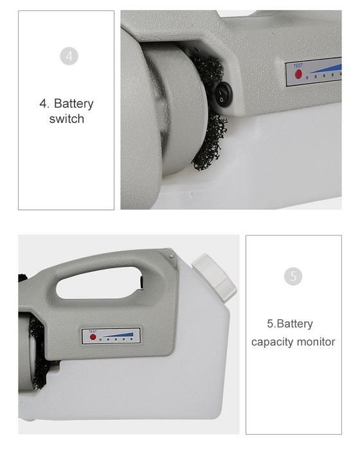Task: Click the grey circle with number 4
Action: point(69,56)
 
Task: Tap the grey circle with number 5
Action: point(293,276)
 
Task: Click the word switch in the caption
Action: point(67,119)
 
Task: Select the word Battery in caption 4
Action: point(74,104)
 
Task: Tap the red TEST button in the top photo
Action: point(298,74)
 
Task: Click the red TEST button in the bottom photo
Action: point(93,337)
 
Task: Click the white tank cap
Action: point(215,278)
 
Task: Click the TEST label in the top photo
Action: point(298,66)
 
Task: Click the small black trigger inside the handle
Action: point(142,282)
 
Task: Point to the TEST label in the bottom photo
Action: point(93,332)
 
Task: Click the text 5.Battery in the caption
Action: point(290,323)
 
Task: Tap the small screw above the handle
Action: point(172,256)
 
